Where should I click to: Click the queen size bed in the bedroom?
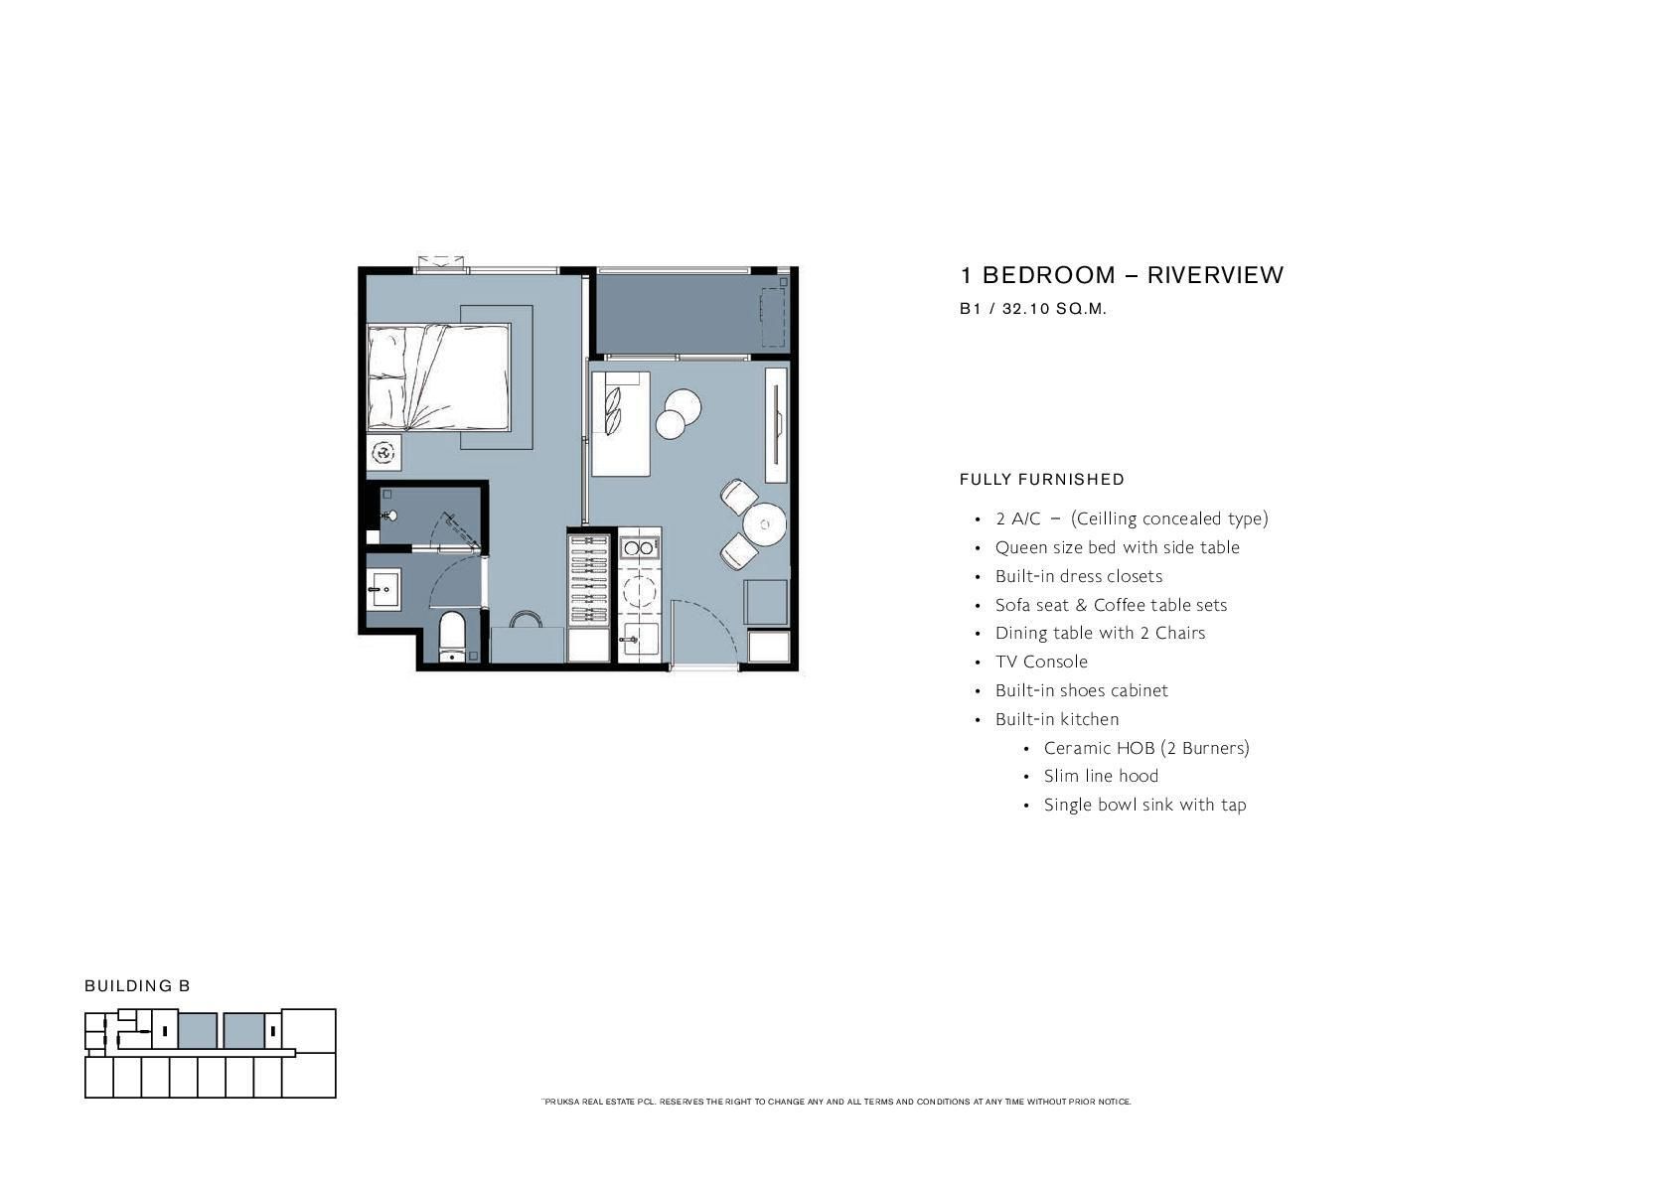pyautogui.click(x=439, y=377)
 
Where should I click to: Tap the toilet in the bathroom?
pyautogui.click(x=452, y=637)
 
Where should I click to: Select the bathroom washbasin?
pyautogui.click(x=383, y=588)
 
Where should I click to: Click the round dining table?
pyautogui.click(x=764, y=523)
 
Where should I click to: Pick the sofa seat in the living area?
pyautogui.click(x=620, y=423)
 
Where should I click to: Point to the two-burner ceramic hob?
pyautogui.click(x=640, y=547)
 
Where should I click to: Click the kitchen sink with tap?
pyautogui.click(x=640, y=640)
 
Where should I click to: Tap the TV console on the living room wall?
pyautogui.click(x=777, y=424)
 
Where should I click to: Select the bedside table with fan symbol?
pyautogui.click(x=384, y=452)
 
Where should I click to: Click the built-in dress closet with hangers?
pyautogui.click(x=589, y=579)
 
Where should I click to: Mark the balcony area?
pyautogui.click(x=692, y=312)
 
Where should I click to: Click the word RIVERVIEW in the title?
pyautogui.click(x=1215, y=275)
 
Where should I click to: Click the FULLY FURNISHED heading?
pyautogui.click(x=1042, y=480)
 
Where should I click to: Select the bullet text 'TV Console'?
pyautogui.click(x=1041, y=662)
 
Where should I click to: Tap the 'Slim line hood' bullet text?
pyautogui.click(x=1101, y=776)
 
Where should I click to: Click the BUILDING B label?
pyautogui.click(x=137, y=985)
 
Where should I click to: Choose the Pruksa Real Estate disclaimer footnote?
pyautogui.click(x=836, y=1102)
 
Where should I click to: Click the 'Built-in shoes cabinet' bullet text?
pyautogui.click(x=1082, y=691)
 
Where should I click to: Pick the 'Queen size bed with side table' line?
pyautogui.click(x=1118, y=548)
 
